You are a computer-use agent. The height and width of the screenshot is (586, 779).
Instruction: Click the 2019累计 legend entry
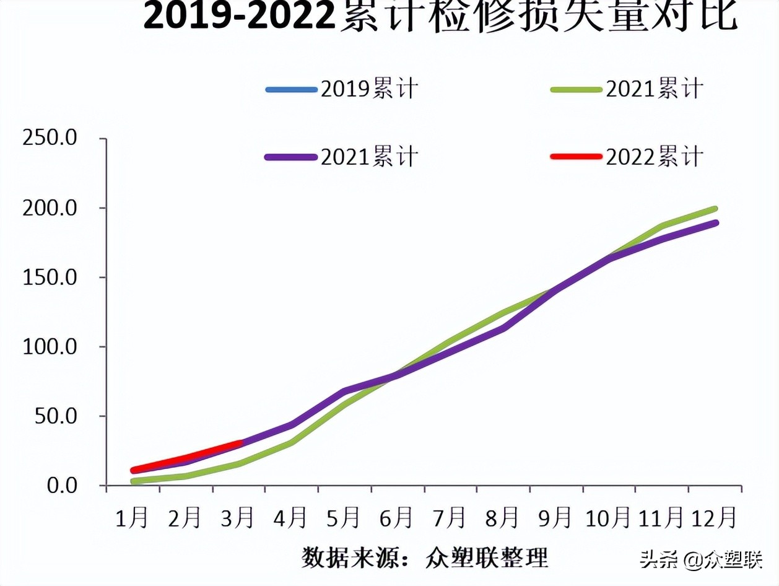[x=342, y=89]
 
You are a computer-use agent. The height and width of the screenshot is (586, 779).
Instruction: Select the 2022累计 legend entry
[x=627, y=157]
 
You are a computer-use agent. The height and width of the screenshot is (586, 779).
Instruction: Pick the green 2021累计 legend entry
[x=627, y=89]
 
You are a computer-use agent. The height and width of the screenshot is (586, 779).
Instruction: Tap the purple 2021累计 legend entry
[x=342, y=157]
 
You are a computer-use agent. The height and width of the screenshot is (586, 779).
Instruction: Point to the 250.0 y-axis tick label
[x=49, y=138]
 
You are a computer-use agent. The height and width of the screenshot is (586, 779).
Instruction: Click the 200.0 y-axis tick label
[x=49, y=208]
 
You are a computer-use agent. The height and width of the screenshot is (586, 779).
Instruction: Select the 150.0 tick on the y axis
[x=49, y=277]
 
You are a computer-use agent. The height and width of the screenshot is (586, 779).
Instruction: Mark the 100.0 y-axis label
[x=49, y=346]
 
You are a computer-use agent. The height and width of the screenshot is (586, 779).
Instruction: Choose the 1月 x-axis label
[x=132, y=517]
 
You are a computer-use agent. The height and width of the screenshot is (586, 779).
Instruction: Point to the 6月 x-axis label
[x=396, y=517]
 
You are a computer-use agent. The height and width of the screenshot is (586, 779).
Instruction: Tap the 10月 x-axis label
[x=608, y=517]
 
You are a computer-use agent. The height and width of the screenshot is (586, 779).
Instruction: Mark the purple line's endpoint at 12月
[x=715, y=222]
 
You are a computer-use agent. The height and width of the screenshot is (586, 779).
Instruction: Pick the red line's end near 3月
[x=240, y=444]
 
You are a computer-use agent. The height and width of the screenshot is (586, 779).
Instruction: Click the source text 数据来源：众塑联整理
[x=425, y=558]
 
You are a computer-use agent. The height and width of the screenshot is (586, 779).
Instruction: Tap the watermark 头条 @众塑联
[x=700, y=560]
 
